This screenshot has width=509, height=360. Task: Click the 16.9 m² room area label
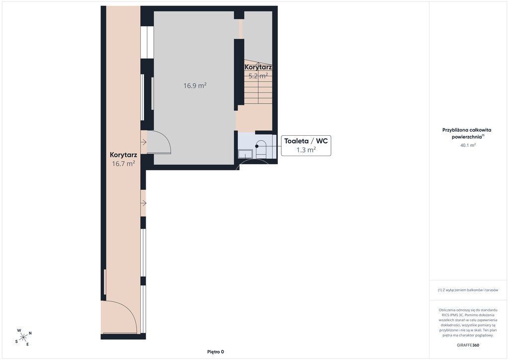pyautogui.click(x=195, y=86)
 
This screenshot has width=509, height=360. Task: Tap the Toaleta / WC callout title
pyautogui.click(x=306, y=141)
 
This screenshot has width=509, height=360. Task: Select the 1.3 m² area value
pyautogui.click(x=306, y=150)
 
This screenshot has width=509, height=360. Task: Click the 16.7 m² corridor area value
pyautogui.click(x=123, y=164)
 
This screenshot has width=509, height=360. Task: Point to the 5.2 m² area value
pyautogui.click(x=258, y=76)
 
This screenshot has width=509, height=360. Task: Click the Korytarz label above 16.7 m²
pyautogui.click(x=123, y=155)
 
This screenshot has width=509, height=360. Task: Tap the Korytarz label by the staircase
pyautogui.click(x=258, y=67)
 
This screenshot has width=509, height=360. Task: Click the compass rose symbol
pyautogui.click(x=23, y=338)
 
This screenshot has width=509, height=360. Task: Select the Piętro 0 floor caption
pyautogui.click(x=216, y=352)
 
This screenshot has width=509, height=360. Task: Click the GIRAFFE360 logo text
pyautogui.click(x=468, y=345)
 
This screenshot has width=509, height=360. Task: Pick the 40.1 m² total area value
pyautogui.click(x=468, y=145)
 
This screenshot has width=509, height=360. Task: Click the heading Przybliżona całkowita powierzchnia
pyautogui.click(x=467, y=133)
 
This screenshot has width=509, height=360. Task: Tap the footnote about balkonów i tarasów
pyautogui.click(x=468, y=290)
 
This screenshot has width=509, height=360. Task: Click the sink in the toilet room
pyautogui.click(x=246, y=154)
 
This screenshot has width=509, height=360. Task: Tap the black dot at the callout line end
pyautogui.click(x=257, y=146)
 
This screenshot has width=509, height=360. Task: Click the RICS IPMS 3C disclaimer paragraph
pyautogui.click(x=468, y=322)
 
